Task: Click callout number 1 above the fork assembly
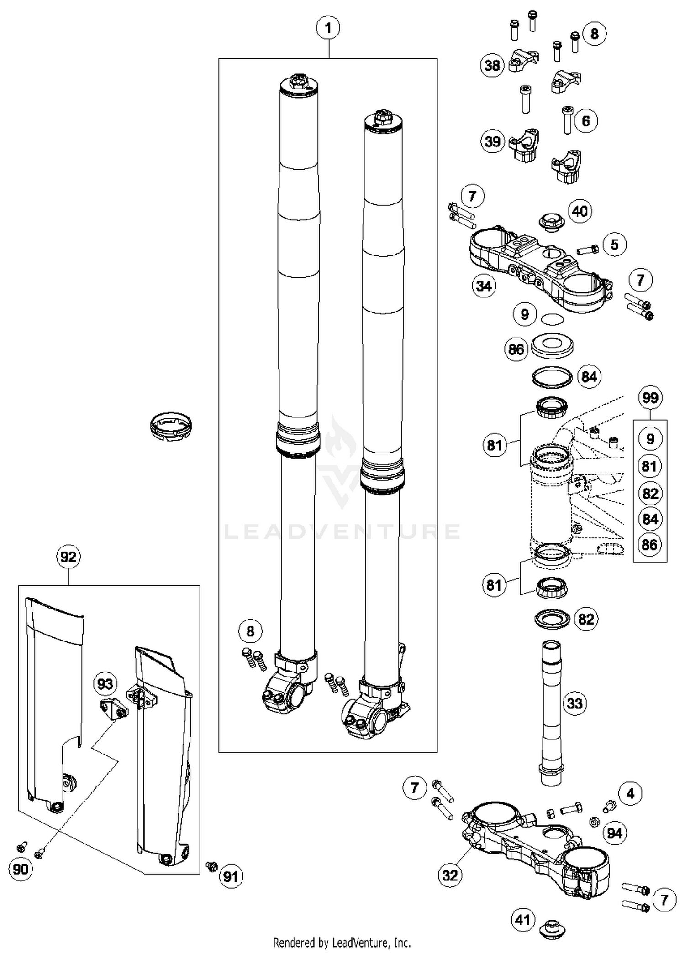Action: click(x=328, y=29)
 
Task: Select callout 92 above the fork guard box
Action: click(x=68, y=557)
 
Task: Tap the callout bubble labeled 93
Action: click(x=105, y=684)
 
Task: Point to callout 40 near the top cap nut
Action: click(x=580, y=211)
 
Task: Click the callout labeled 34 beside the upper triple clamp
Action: click(x=484, y=286)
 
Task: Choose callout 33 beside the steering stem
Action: click(x=574, y=703)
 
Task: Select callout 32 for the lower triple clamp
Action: click(x=450, y=875)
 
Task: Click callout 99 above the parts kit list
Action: click(x=650, y=397)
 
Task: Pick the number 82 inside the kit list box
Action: click(x=650, y=494)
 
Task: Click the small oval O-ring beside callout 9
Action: click(x=552, y=319)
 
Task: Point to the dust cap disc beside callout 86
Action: click(x=552, y=346)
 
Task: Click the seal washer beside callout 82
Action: click(x=553, y=619)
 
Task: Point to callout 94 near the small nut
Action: click(x=615, y=833)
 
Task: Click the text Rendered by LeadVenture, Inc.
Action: click(x=342, y=942)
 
